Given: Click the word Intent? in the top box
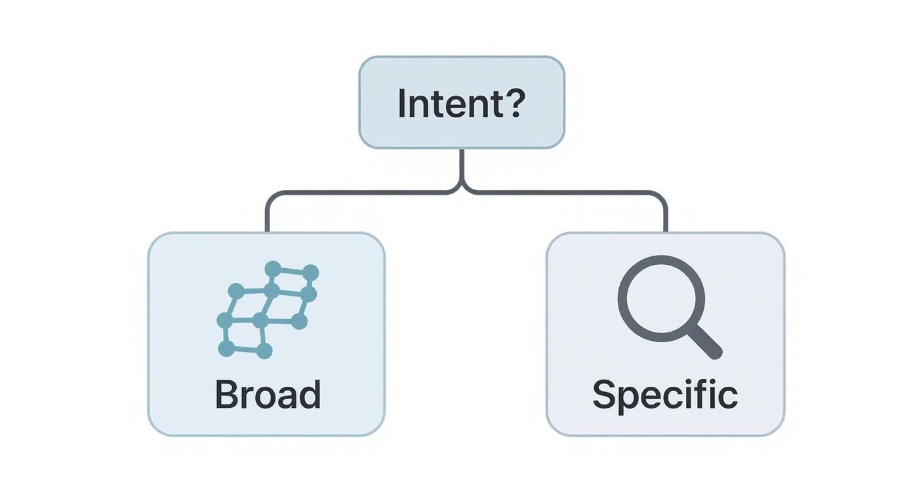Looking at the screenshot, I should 461,104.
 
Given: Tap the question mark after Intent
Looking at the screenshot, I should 514,103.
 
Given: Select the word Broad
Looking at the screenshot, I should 268,395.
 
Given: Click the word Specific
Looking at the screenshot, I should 665,395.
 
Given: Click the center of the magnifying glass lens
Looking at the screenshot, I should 661,298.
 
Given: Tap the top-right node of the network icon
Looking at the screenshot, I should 310,272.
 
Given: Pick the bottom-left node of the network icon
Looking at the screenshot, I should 226,349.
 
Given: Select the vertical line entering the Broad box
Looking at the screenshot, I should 268,216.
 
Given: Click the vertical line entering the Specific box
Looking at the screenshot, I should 666,216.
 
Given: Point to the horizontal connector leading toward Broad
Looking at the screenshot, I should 361,193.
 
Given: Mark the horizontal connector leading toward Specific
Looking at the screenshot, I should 564,193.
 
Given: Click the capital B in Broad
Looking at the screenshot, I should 226,395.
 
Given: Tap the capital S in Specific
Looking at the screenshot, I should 605,395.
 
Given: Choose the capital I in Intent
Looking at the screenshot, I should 402,104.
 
